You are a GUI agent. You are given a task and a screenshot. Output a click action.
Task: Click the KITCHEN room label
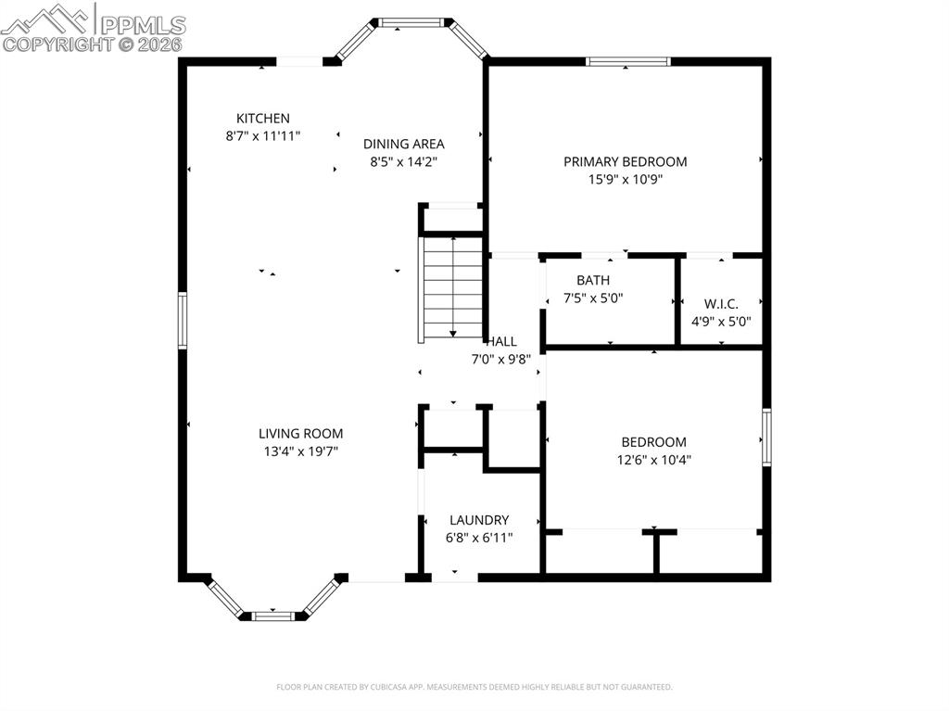(263, 119)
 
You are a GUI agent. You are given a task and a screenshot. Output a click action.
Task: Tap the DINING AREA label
(403, 144)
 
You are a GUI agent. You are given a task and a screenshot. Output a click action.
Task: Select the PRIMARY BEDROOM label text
(626, 161)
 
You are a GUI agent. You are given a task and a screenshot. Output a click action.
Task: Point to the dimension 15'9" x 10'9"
(626, 180)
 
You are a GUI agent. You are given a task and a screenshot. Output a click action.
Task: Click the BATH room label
(593, 280)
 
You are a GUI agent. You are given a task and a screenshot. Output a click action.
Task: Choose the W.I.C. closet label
(721, 303)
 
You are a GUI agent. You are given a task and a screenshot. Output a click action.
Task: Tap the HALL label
(501, 341)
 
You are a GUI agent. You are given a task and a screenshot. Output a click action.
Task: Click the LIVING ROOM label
(300, 433)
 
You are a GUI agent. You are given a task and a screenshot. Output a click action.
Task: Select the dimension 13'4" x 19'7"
(300, 451)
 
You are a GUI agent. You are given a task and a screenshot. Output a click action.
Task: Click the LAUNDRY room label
(479, 520)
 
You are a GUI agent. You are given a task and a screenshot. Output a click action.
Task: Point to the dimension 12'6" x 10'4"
(653, 459)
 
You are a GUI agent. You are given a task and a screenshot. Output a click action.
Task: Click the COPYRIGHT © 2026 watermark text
(93, 44)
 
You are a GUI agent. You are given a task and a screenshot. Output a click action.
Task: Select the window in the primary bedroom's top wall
(628, 62)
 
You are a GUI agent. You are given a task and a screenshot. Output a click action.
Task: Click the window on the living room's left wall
(183, 320)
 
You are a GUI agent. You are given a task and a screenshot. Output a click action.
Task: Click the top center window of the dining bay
(411, 21)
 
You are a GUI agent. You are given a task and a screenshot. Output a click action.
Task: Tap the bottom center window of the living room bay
(273, 615)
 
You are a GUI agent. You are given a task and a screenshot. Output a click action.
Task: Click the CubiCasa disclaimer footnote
(474, 687)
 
